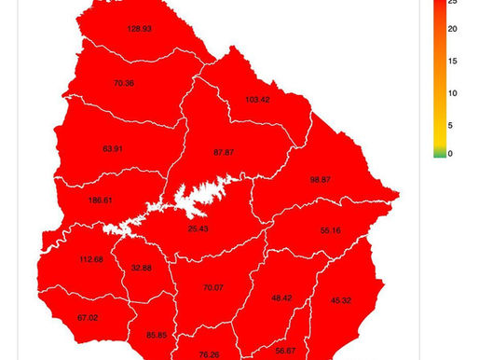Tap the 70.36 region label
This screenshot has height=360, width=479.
coord(124,83)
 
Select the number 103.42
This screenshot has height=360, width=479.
coord(257,99)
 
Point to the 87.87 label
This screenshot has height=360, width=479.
coord(224,152)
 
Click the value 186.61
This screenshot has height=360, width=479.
coord(100,201)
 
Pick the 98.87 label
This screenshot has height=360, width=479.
coord(321,179)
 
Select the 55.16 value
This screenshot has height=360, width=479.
coord(331,229)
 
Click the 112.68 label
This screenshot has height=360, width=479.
coord(91,259)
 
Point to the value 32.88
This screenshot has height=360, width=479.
coord(142,268)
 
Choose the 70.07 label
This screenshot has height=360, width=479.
coord(213,288)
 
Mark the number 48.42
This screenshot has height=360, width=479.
coord(282,298)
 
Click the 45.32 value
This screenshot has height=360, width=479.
coord(341,300)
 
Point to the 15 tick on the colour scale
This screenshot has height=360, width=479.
coord(452,62)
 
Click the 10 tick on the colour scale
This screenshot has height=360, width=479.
coord(452,92)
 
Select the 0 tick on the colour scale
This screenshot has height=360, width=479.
coord(450,153)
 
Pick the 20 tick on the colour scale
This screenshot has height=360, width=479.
coord(452,32)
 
